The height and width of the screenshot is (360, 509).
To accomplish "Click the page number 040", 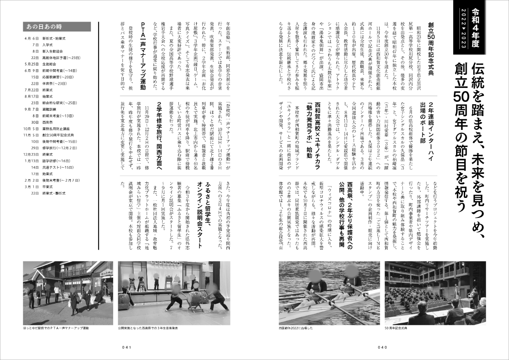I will pyautogui.click(x=382, y=347).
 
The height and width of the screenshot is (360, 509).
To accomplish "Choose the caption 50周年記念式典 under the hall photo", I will pyautogui.click(x=396, y=327).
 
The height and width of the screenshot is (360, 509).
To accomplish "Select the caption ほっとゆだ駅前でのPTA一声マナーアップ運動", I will pyautogui.click(x=56, y=327).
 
